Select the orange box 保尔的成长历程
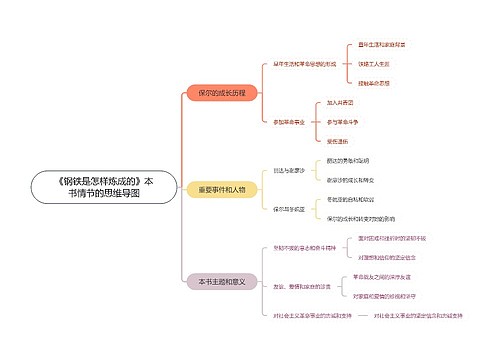(222, 92)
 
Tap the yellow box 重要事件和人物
(222, 189)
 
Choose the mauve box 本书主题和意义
(222, 282)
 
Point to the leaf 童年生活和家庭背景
(381, 45)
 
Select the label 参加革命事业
(288, 121)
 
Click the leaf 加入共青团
(340, 103)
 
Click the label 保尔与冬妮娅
(288, 208)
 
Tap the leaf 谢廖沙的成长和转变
(355, 180)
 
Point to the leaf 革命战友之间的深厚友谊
(384, 276)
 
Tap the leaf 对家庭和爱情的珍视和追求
(388, 296)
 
